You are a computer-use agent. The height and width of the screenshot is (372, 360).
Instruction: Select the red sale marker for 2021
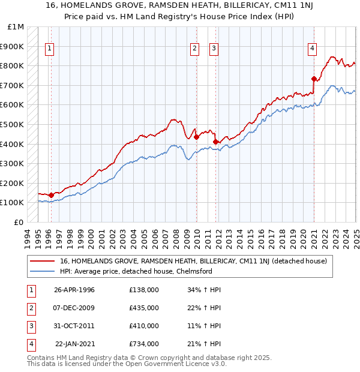[314, 79]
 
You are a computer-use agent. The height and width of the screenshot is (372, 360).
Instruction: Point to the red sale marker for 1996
[52, 195]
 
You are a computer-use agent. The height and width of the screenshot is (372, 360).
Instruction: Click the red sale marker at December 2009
[196, 137]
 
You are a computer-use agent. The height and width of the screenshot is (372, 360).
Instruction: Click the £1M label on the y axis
[16, 26]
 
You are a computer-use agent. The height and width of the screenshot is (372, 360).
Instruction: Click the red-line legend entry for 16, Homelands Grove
[193, 261]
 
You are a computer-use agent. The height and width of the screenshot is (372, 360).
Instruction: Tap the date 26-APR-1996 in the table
[74, 290]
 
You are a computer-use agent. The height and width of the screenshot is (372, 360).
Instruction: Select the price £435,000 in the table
[144, 308]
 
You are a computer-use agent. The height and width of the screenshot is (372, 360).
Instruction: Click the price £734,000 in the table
[144, 344]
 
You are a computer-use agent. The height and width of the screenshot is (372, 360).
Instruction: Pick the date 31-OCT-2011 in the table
[74, 326]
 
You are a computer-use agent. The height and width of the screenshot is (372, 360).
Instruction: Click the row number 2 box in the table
[30, 308]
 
